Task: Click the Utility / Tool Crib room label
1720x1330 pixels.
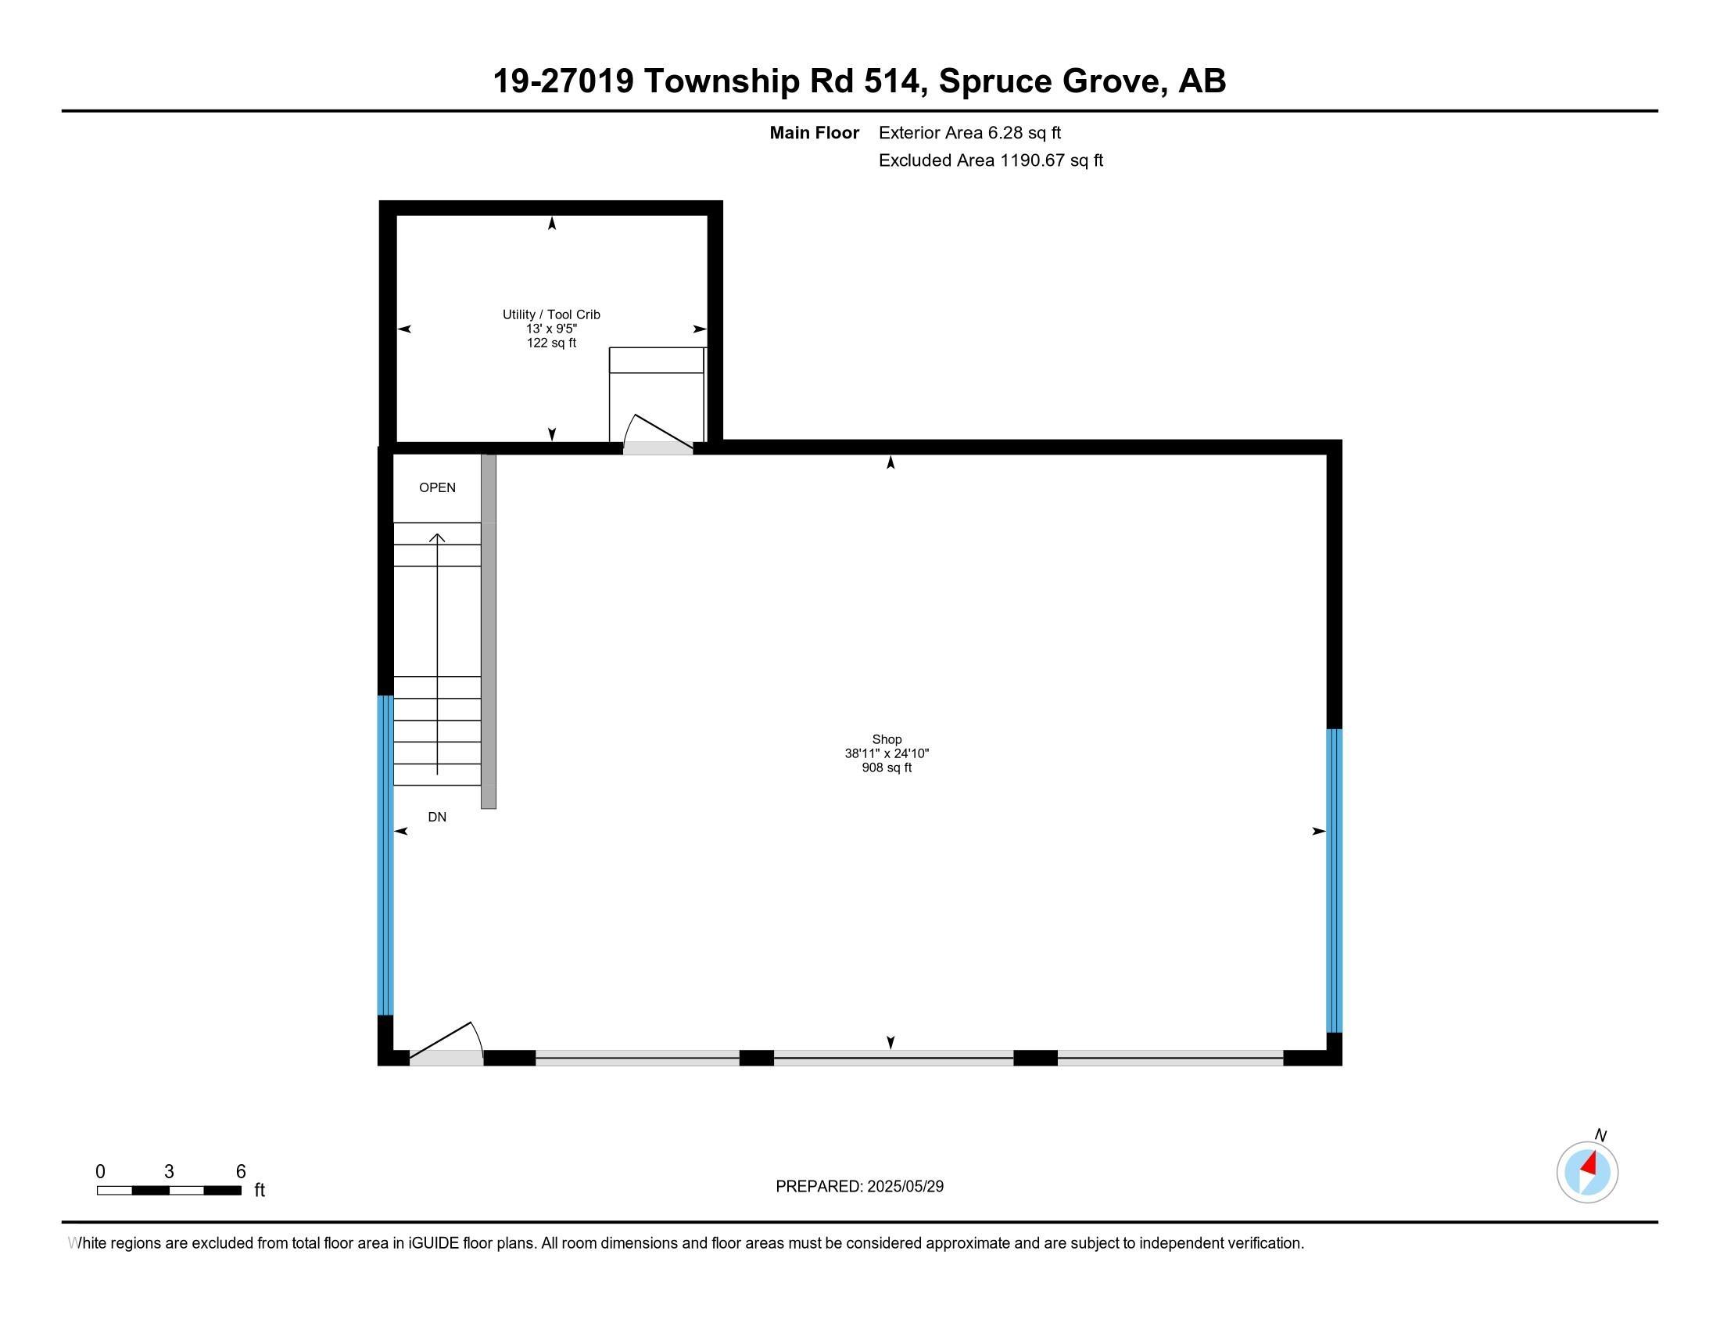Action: pos(551,315)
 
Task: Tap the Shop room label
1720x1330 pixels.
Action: pos(886,739)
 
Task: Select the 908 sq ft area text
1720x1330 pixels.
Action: pos(886,767)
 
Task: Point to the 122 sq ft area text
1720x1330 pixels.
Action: pos(551,343)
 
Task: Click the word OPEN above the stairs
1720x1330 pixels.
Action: pos(437,487)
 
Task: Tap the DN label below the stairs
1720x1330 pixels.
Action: pos(437,817)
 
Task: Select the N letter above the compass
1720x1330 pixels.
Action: pos(1600,1135)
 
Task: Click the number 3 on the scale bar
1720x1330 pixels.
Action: pos(169,1172)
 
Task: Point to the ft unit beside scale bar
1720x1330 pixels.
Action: pos(260,1191)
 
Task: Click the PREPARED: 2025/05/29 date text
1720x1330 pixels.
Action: pos(859,1187)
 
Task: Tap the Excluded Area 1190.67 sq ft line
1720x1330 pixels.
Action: pos(990,160)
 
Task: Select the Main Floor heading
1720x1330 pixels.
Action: pos(814,133)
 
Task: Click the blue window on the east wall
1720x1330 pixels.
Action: pos(1333,880)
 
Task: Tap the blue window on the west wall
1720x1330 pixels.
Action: pos(385,855)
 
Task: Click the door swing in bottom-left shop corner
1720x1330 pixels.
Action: pos(446,1043)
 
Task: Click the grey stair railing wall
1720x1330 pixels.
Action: pos(489,631)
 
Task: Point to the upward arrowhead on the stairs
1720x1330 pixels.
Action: pos(437,538)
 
